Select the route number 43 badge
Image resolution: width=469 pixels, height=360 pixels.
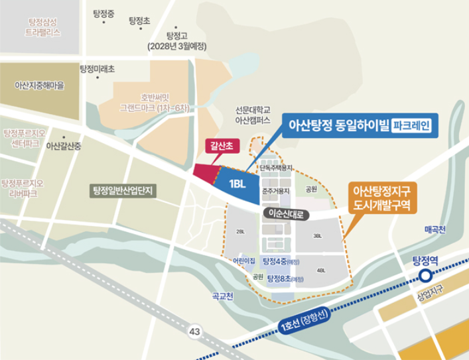[194, 330]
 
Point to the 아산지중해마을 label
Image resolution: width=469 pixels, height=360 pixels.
[38, 86]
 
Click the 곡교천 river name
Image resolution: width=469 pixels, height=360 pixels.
[219, 296]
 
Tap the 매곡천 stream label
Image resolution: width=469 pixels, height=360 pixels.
[436, 230]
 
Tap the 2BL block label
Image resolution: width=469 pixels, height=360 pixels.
[240, 231]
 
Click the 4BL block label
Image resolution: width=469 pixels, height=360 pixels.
[321, 270]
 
